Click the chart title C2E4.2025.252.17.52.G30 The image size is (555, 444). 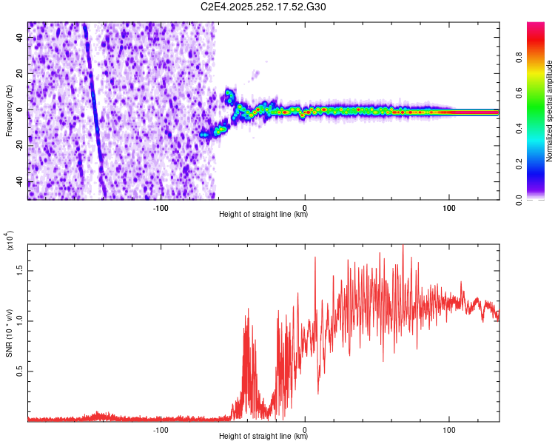pyautogui.click(x=263, y=7)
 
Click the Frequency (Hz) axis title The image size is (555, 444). pyautogui.click(x=9, y=110)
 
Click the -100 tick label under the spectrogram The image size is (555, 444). pyautogui.click(x=161, y=206)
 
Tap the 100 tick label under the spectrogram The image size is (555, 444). pyautogui.click(x=448, y=206)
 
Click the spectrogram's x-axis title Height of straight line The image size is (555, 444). pyautogui.click(x=264, y=215)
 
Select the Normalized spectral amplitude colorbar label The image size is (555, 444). pyautogui.click(x=550, y=111)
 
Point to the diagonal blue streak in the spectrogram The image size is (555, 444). pyautogui.click(x=94, y=111)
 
